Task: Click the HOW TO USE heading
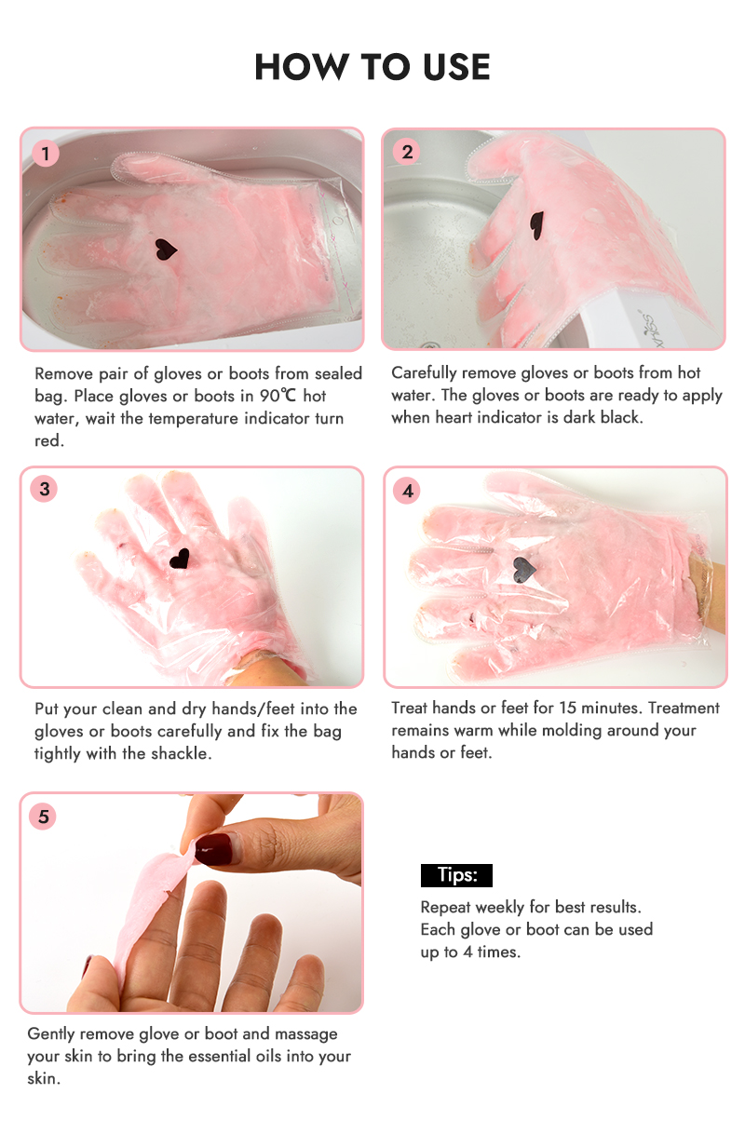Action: click(372, 66)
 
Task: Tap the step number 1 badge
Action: click(46, 153)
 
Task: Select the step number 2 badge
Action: click(407, 152)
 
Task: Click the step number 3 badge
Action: click(44, 489)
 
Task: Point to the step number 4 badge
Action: click(407, 491)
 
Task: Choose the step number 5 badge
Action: click(43, 817)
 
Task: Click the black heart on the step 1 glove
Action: click(165, 250)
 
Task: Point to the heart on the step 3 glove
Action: click(180, 559)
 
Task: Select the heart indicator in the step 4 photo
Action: click(523, 570)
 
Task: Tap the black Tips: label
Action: click(456, 875)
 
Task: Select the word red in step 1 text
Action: click(49, 440)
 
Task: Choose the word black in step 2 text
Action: click(621, 417)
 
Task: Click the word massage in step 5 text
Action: click(305, 1033)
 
